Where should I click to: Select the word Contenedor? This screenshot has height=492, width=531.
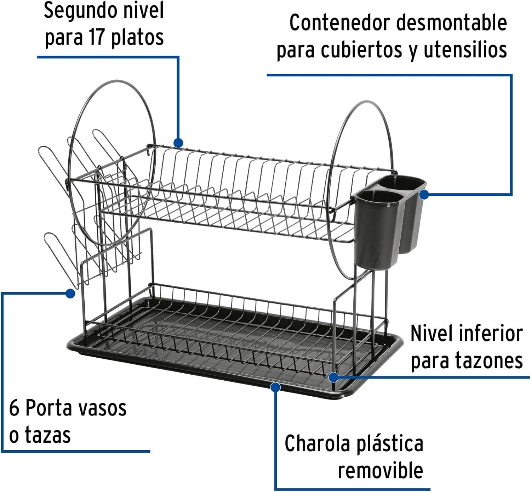point(339,23)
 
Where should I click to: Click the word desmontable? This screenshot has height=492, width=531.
point(452,23)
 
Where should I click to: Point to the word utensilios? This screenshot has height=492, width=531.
point(466,50)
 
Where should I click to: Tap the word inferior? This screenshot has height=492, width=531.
point(491,334)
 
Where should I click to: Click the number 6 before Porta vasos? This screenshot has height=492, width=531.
point(14,408)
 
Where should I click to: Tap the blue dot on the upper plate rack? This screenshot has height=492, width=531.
point(178,143)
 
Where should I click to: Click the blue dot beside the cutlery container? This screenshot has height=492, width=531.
point(424,195)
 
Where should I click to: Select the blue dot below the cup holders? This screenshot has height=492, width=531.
point(70,293)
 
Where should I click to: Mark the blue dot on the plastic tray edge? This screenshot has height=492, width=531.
point(275,387)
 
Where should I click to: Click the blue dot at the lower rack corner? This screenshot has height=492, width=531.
point(333,378)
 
